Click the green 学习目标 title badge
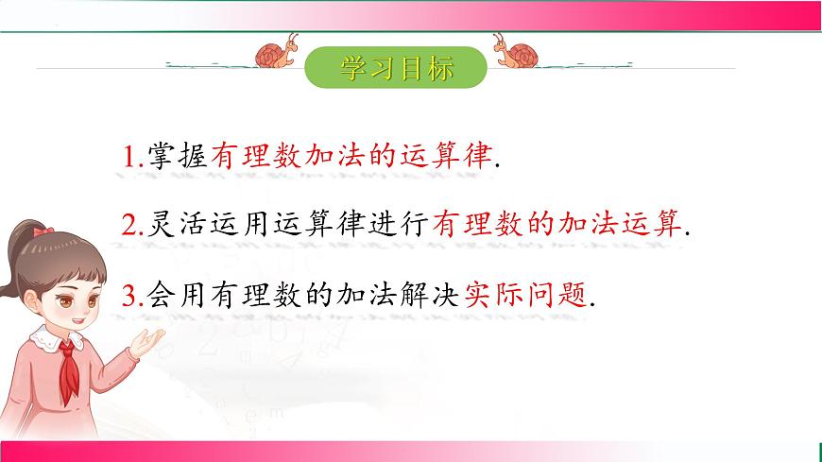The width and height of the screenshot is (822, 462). coord(396,68)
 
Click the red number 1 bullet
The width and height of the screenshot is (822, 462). coord(129,157)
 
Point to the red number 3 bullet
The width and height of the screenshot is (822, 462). coord(129,296)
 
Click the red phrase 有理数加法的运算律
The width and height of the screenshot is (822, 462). coord(352,157)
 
